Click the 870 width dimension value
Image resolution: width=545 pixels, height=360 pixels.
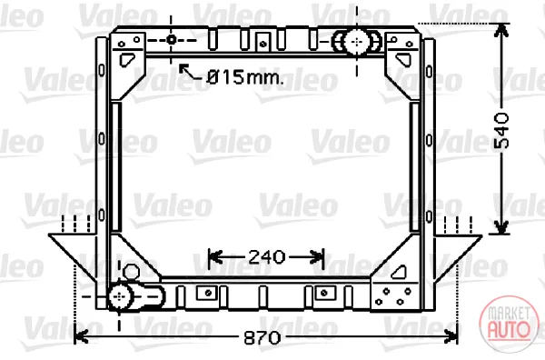click(263, 337)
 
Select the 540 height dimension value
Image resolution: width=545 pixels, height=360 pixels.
click(501, 130)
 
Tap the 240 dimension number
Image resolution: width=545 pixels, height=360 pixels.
click(266, 257)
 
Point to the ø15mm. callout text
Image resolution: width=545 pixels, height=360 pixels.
click(245, 77)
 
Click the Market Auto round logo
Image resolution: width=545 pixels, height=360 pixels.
click(510, 324)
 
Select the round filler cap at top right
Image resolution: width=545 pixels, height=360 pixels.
click(357, 42)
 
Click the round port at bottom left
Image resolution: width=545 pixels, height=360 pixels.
click(120, 296)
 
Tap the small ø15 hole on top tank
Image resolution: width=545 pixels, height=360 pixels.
click(171, 39)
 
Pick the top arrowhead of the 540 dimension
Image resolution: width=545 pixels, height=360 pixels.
click(500, 30)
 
